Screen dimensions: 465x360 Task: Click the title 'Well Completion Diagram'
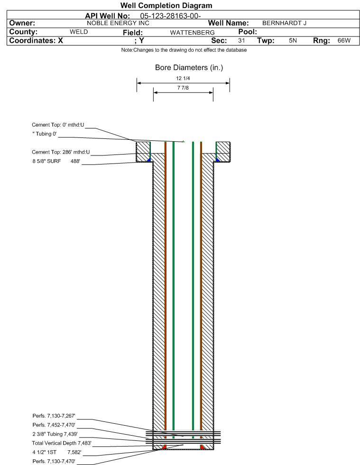tap(166, 6)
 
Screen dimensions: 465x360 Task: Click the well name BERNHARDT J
tap(285, 23)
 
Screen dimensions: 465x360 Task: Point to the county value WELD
tap(79, 32)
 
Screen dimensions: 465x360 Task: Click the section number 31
tap(241, 41)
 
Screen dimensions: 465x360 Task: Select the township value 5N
tap(293, 41)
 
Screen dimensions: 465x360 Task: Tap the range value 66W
tap(344, 41)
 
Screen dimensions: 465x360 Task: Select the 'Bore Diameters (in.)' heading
tap(189, 68)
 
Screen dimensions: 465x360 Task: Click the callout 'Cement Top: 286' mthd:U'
tap(61, 152)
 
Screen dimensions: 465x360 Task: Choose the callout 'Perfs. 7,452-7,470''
tap(54, 425)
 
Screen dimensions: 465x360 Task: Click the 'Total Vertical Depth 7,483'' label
tap(62, 443)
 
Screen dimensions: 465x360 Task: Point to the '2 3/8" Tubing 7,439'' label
tap(55, 434)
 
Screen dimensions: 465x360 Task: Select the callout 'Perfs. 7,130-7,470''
tap(54, 461)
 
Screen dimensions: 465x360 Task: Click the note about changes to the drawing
tap(184, 50)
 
